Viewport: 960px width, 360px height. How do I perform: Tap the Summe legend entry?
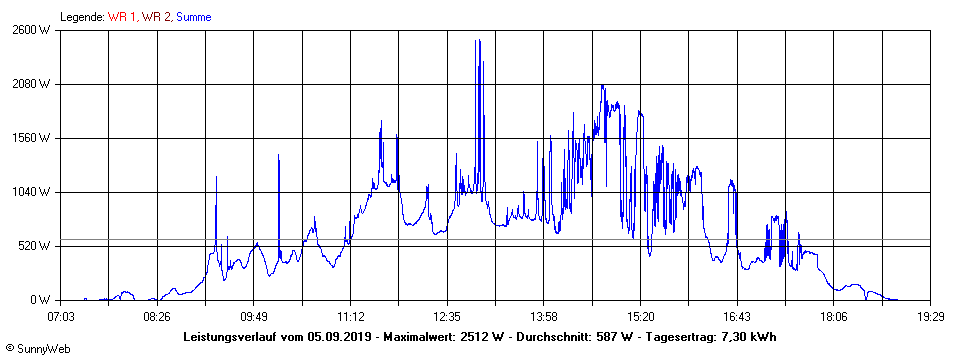click(193, 17)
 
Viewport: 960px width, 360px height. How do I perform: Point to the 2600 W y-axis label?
click(33, 30)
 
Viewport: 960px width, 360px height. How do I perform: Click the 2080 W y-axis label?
click(33, 84)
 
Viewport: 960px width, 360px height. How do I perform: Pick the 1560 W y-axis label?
click(33, 138)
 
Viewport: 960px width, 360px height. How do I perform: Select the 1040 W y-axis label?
click(33, 192)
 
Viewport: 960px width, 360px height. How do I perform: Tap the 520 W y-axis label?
click(36, 246)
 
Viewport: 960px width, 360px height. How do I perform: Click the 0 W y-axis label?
click(40, 300)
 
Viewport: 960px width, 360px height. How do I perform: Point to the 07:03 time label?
click(61, 316)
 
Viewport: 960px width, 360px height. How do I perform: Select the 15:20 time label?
click(640, 316)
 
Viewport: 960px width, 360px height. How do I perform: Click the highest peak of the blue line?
click(479, 41)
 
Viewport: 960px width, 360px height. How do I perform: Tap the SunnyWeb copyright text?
click(38, 348)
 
